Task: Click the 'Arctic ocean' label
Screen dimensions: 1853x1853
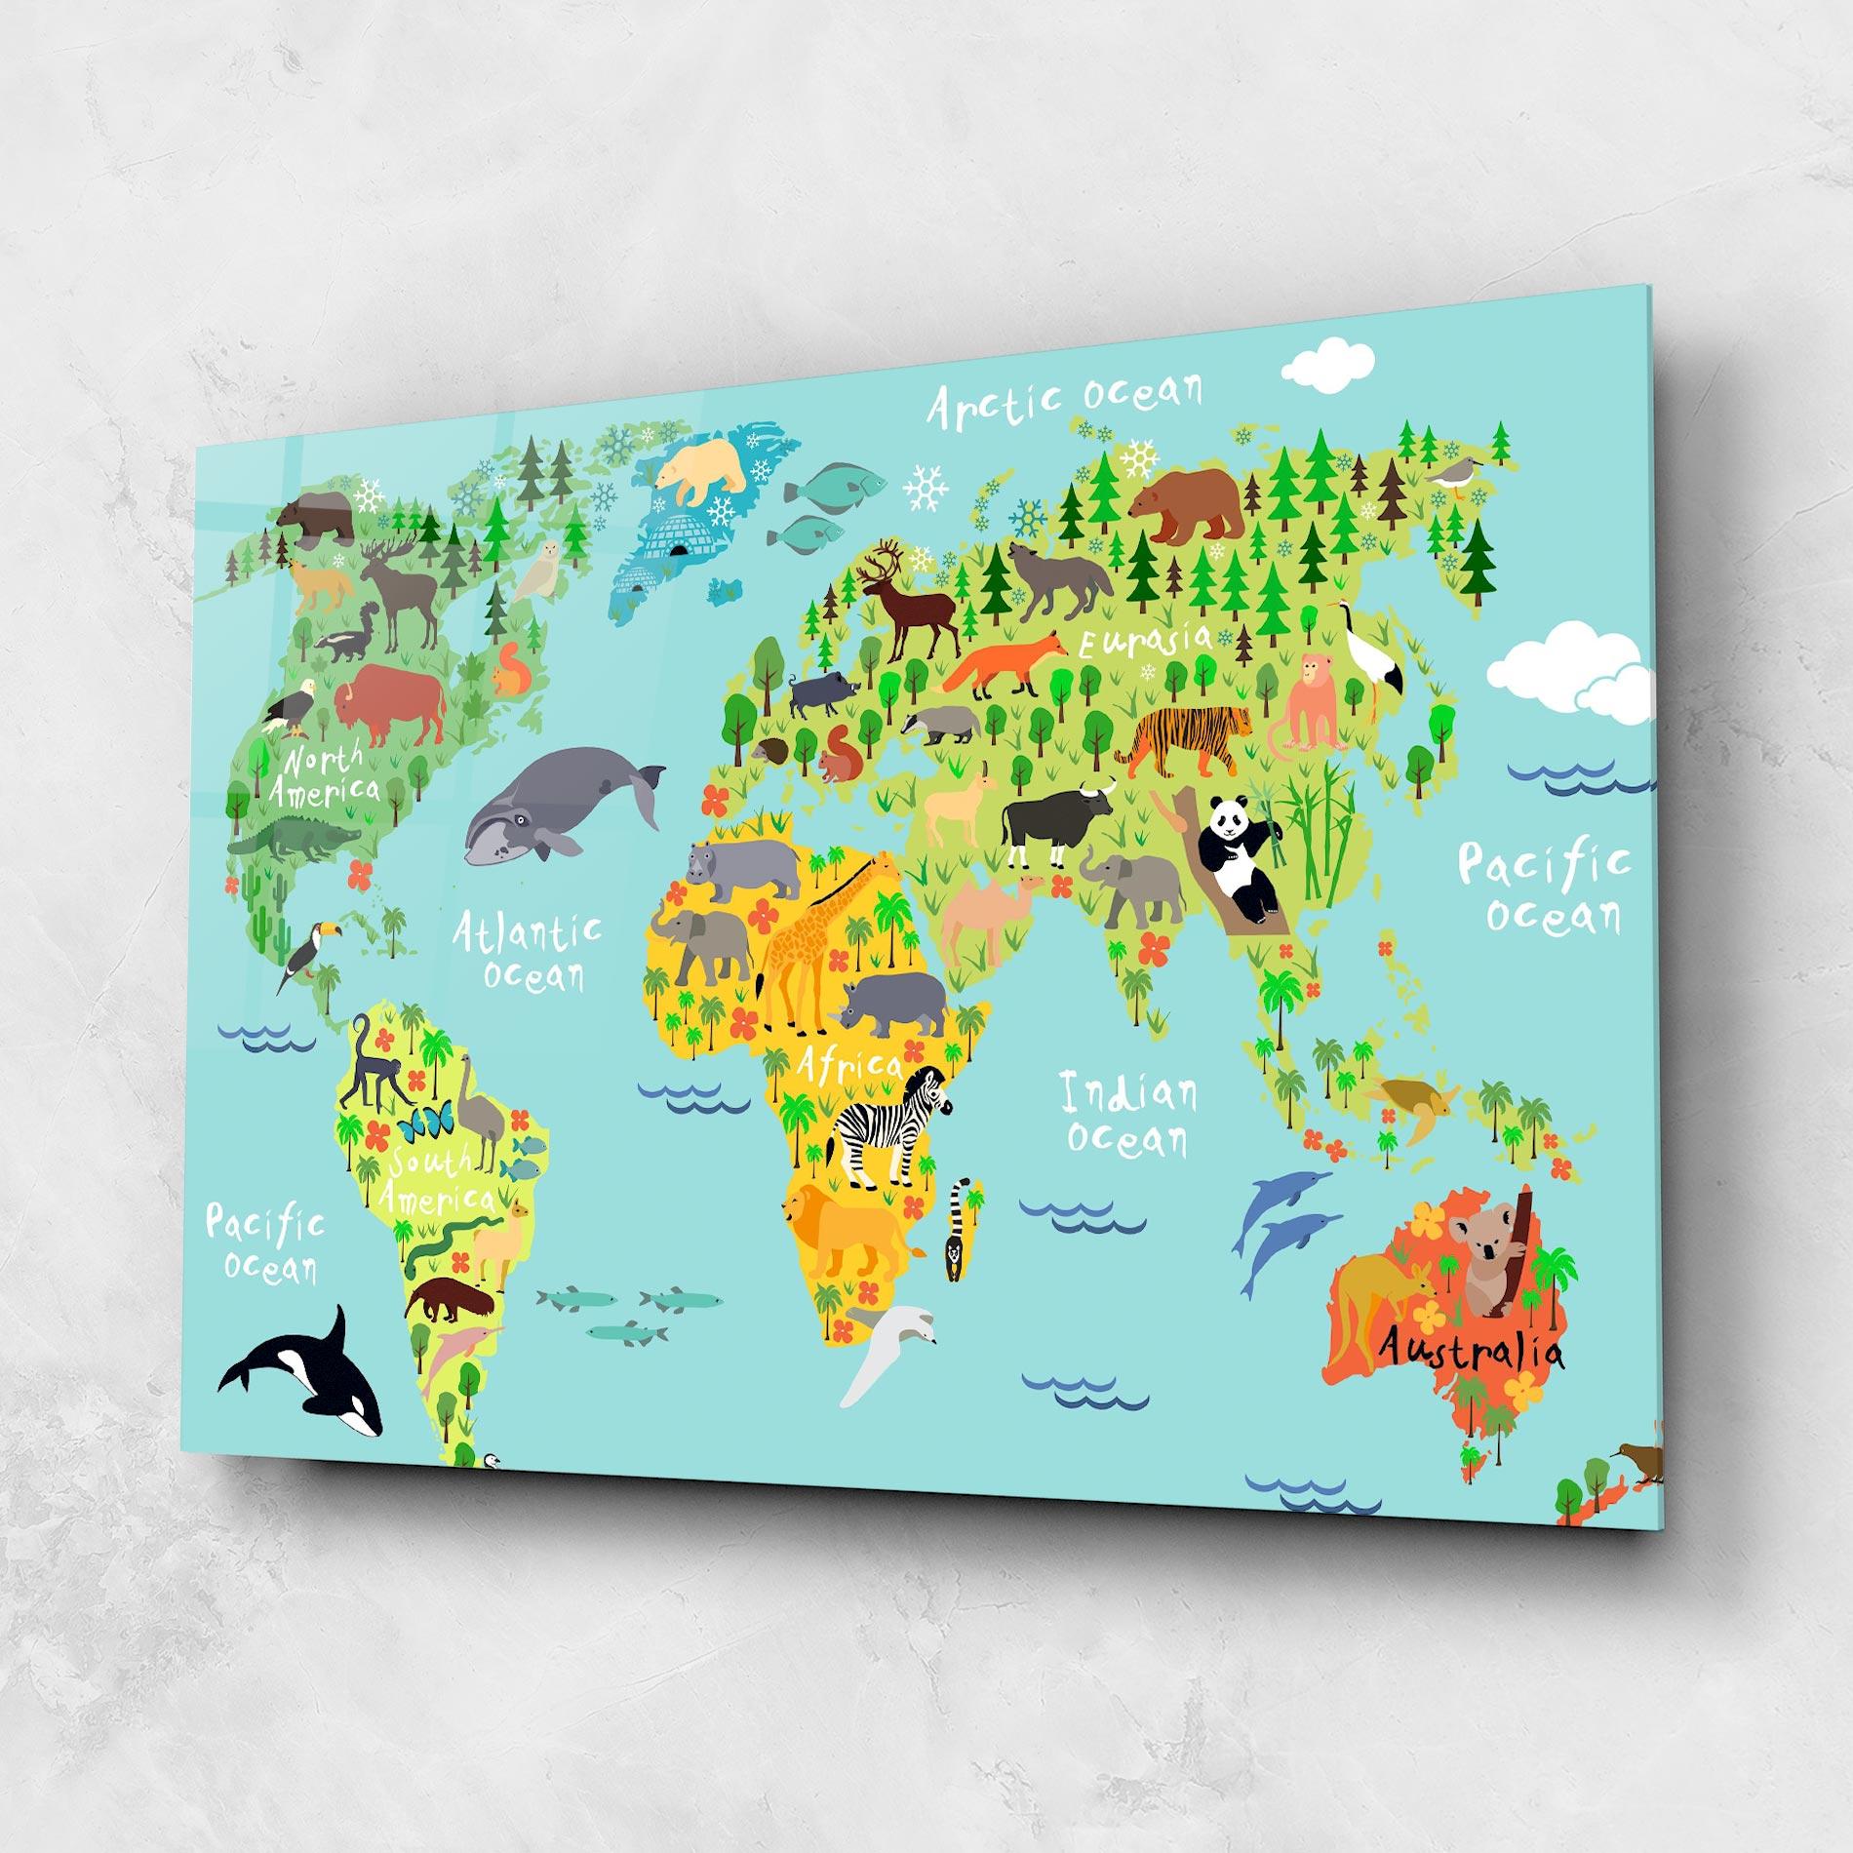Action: coord(1063,401)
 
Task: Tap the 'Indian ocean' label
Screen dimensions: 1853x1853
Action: coord(1127,1115)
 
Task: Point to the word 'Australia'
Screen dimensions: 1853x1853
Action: coord(1471,1351)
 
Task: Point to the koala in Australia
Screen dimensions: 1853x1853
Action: coord(1488,1258)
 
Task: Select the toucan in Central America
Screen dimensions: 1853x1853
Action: coord(309,954)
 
